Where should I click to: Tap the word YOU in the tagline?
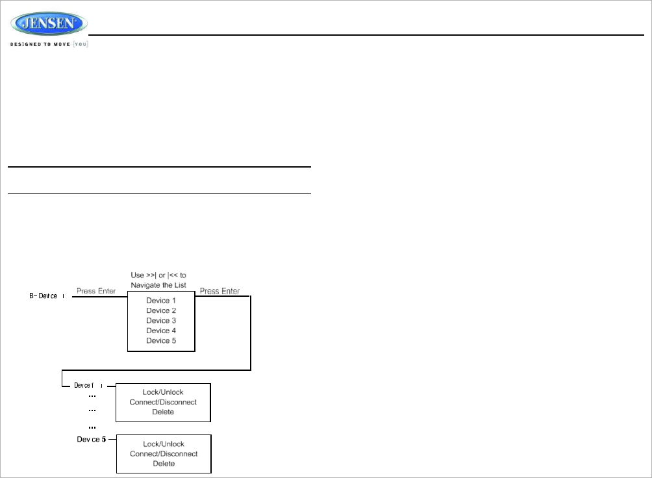[81, 44]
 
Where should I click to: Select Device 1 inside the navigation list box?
[161, 301]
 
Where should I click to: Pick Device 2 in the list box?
[161, 310]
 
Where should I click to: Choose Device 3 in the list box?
[161, 320]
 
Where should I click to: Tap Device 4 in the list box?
[161, 331]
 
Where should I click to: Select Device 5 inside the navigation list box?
[161, 340]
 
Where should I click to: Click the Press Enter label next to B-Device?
[96, 291]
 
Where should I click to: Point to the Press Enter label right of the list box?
[219, 291]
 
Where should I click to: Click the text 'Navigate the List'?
[158, 285]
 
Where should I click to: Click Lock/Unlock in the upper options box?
[163, 392]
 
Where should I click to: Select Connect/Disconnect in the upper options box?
[163, 402]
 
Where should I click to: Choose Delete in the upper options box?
[163, 412]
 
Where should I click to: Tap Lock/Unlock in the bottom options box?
[164, 444]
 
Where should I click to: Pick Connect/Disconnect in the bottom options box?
[164, 453]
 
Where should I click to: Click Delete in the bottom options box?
[164, 464]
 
